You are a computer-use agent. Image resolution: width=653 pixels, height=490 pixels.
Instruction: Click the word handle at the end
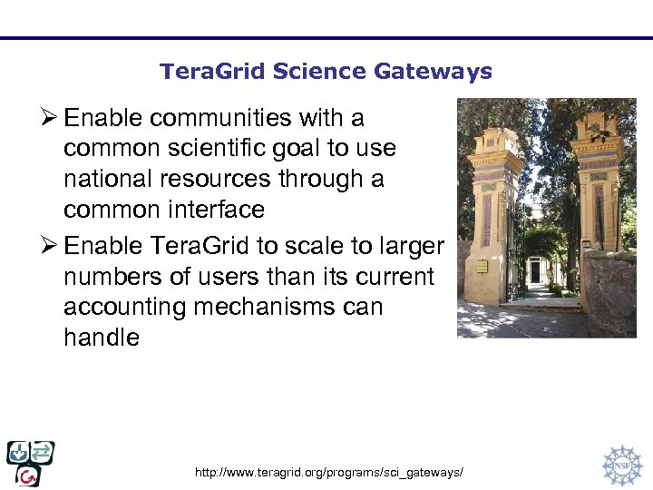(102, 338)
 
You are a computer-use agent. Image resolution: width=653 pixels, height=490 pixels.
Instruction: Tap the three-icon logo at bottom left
(30, 463)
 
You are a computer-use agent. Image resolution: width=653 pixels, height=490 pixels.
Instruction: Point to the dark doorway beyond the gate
(536, 271)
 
